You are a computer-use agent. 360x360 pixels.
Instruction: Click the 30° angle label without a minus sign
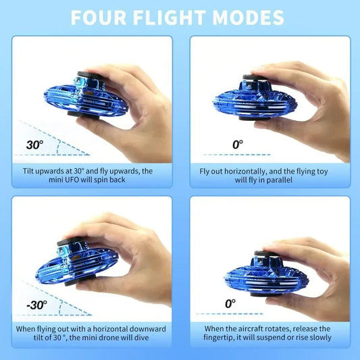coord(34,145)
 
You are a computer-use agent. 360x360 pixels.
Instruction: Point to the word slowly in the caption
coord(317,338)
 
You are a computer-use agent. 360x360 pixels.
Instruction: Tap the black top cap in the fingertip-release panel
coord(265,256)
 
